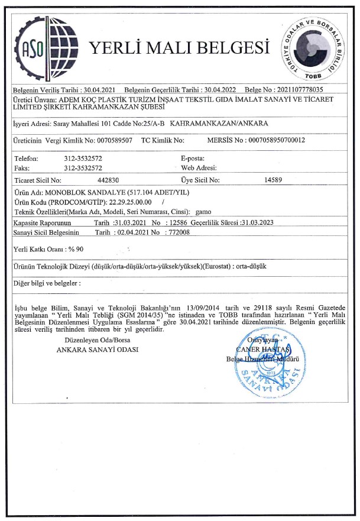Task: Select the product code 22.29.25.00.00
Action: tap(131, 202)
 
